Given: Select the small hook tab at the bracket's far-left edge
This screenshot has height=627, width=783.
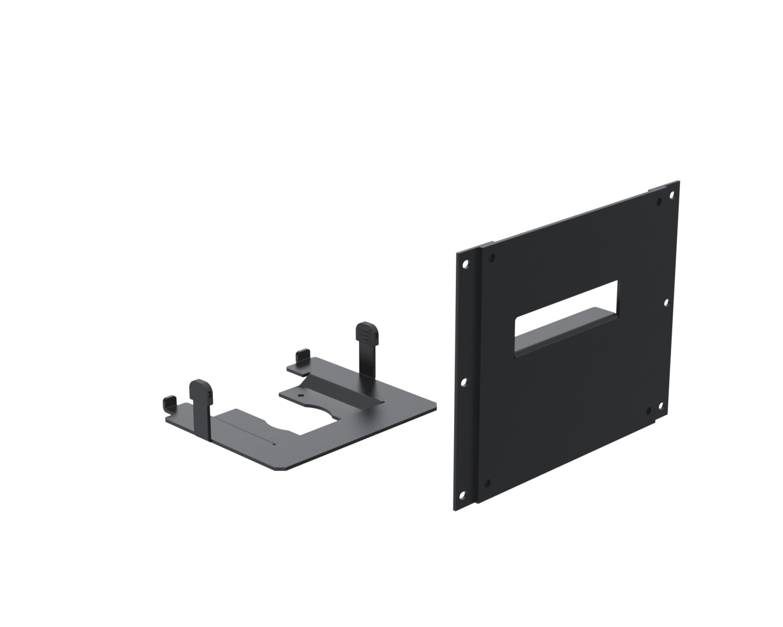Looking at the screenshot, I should [x=169, y=401].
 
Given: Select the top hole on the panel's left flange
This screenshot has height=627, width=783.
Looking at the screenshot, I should [x=465, y=264].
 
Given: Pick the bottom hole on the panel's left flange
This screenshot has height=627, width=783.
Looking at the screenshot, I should [x=462, y=495].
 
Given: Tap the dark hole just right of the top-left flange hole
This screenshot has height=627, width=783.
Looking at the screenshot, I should [x=492, y=257].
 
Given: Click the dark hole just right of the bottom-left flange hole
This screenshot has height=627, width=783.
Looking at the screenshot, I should [x=487, y=482].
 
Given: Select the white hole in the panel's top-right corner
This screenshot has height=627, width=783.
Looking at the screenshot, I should [x=672, y=195].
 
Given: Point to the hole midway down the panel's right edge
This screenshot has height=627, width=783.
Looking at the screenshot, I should [x=666, y=302].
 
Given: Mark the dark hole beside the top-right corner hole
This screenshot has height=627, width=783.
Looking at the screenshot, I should [x=659, y=202].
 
